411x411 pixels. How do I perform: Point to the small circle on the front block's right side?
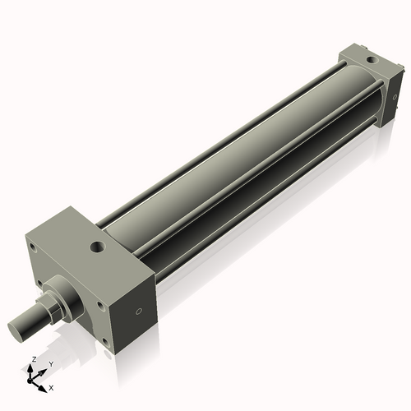[x=138, y=312]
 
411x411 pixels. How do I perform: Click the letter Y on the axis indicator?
[x=50, y=363]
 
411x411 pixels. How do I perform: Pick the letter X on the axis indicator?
[x=51, y=386]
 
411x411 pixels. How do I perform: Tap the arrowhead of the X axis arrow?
[x=44, y=384]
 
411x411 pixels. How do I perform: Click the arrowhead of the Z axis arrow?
[x=32, y=368]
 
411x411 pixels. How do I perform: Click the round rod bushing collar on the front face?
[x=67, y=293]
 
